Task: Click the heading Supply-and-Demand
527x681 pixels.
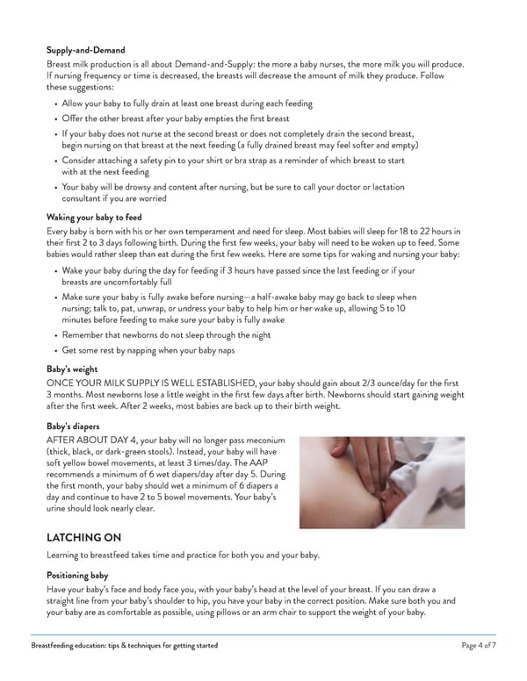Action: point(85,50)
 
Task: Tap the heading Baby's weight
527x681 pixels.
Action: point(73,370)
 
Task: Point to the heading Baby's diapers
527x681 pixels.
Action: point(75,425)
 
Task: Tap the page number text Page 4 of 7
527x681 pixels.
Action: point(478,646)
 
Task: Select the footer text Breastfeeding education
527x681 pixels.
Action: point(124,646)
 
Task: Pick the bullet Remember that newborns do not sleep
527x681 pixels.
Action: point(167,335)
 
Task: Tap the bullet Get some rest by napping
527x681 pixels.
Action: point(148,351)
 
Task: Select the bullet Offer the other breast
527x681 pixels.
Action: point(176,118)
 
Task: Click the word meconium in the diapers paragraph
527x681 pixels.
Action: point(263,439)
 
